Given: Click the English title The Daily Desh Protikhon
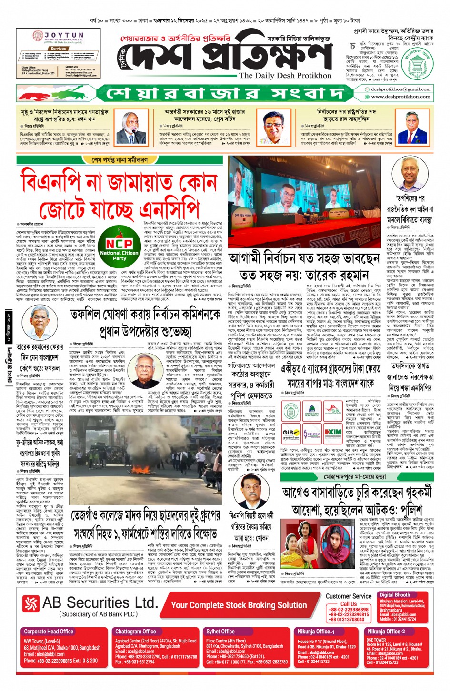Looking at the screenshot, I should (285, 75).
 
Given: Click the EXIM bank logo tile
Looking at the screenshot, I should (333, 433).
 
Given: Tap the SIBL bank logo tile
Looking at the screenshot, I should (333, 410).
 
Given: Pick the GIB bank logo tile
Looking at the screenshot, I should (290, 433).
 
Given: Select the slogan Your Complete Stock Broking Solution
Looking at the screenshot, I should (239, 605).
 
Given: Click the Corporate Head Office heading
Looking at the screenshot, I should (49, 632).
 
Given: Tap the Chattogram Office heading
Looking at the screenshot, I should (136, 632).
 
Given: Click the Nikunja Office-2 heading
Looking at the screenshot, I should (386, 632).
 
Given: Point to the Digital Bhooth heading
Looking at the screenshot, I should (395, 595).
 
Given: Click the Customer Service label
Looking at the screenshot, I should (349, 596).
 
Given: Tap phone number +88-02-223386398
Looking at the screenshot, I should (349, 609).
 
